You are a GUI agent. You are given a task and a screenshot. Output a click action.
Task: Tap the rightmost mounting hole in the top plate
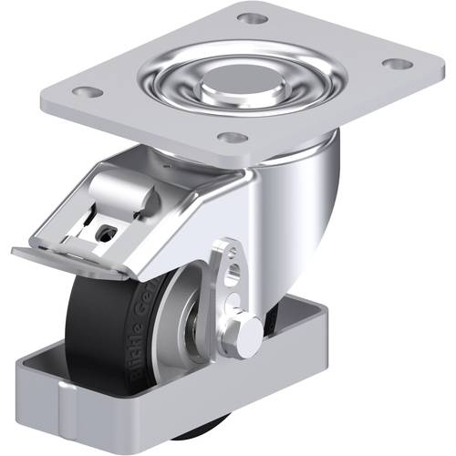394,64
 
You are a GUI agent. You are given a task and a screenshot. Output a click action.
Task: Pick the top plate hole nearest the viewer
233,138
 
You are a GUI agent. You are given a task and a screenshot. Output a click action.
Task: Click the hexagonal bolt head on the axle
246,336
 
